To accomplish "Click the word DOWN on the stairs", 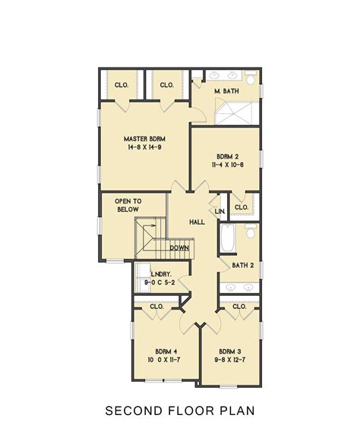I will (x=180, y=247).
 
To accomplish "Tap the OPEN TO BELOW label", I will (x=127, y=205).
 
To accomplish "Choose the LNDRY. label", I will (x=160, y=273).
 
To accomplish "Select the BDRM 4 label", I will (x=166, y=351).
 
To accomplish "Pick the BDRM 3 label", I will (x=230, y=351).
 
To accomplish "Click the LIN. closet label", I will (x=220, y=211).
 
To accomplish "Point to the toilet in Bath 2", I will (x=251, y=232).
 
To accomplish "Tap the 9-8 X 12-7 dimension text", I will (x=230, y=360).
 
